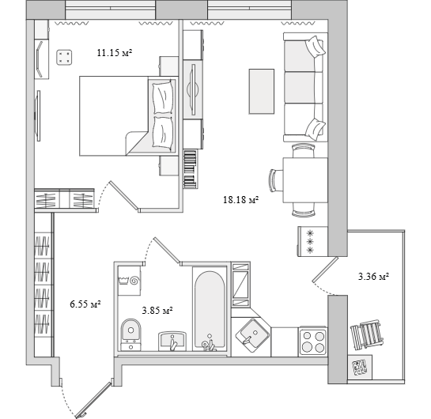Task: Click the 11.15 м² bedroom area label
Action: pyautogui.click(x=115, y=52)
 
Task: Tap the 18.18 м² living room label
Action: pyautogui.click(x=240, y=199)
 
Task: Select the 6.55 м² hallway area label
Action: pyautogui.click(x=85, y=304)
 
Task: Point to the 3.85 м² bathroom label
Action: pyautogui.click(x=157, y=311)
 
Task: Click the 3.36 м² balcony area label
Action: pyautogui.click(x=373, y=276)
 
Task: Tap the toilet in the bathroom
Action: pyautogui.click(x=130, y=334)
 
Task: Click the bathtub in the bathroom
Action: pyautogui.click(x=210, y=310)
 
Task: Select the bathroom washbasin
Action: pyautogui.click(x=172, y=341)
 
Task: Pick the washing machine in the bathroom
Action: pyautogui.click(x=129, y=281)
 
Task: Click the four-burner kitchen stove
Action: pyautogui.click(x=313, y=341)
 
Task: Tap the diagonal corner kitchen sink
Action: pyautogui.click(x=252, y=336)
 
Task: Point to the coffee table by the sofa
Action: pyautogui.click(x=262, y=91)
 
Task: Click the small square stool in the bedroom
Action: pyautogui.click(x=64, y=57)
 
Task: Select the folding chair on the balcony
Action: pyautogui.click(x=368, y=334)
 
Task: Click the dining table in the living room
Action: pyautogui.click(x=305, y=180)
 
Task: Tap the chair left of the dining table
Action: pyautogui.click(x=276, y=180)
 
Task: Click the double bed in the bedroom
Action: pyautogui.click(x=129, y=116)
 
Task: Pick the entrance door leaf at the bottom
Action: pyautogui.click(x=93, y=400)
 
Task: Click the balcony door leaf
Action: pyautogui.click(x=325, y=270)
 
